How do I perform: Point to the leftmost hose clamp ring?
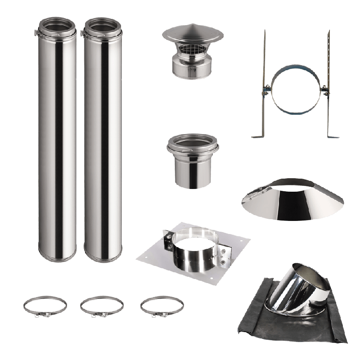(x=45, y=306)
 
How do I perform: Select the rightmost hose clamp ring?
(x=162, y=306)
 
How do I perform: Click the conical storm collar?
(x=292, y=202)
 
